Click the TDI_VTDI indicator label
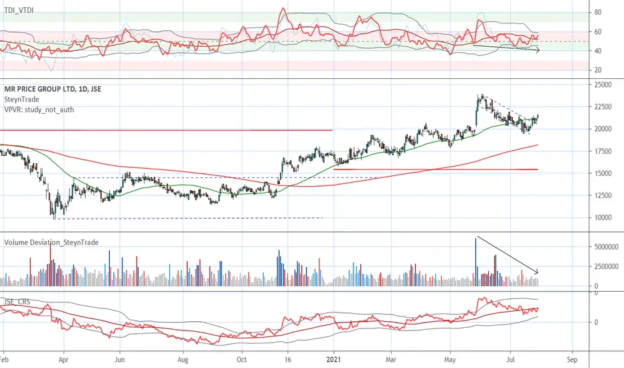click(x=19, y=10)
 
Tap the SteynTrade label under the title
click(x=21, y=100)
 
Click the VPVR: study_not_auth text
click(x=39, y=110)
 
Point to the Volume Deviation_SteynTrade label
click(x=52, y=242)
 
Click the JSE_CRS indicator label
click(x=17, y=302)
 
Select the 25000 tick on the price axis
click(x=603, y=85)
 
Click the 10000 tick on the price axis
click(x=603, y=217)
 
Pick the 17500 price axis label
click(x=603, y=151)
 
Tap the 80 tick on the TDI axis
click(x=598, y=12)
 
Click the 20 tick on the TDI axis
click(x=598, y=70)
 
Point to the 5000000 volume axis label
click(x=607, y=247)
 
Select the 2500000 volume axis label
click(x=607, y=266)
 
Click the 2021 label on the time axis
click(x=334, y=360)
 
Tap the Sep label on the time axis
click(x=572, y=360)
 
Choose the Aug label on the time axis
click(x=183, y=360)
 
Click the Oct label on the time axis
click(x=242, y=360)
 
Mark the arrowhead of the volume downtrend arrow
click(x=537, y=272)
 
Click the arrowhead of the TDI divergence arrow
click(x=538, y=51)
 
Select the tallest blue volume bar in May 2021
click(x=475, y=262)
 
